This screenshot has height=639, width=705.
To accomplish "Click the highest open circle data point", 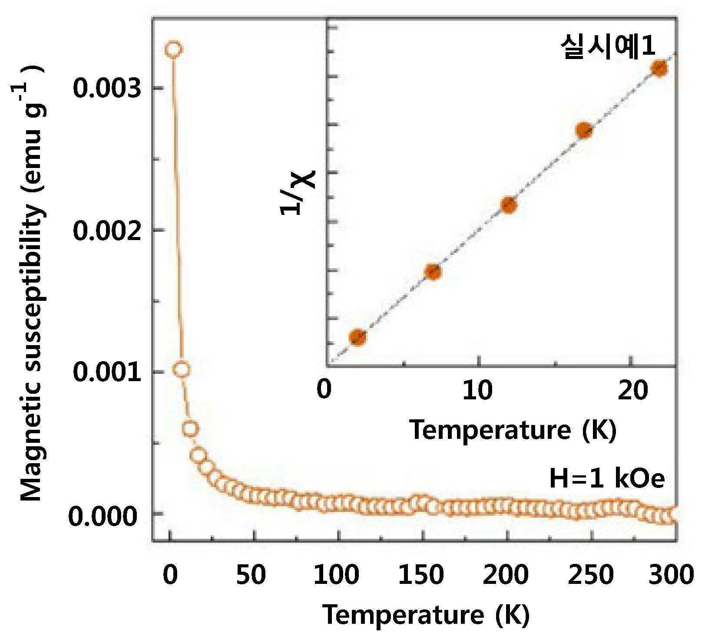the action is [173, 49].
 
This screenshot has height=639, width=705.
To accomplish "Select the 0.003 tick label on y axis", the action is [108, 88].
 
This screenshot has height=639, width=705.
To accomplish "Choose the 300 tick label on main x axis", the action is [671, 575].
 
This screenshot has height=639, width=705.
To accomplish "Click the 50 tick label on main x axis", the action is [251, 575].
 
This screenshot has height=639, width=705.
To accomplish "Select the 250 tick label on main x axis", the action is [591, 575].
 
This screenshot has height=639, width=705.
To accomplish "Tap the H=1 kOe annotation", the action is [607, 479].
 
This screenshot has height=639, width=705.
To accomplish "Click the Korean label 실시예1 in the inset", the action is [607, 46].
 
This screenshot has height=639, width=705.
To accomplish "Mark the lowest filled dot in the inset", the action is [358, 337].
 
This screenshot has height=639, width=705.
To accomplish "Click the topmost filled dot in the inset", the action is [659, 68].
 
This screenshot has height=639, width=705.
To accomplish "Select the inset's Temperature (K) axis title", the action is [513, 430].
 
